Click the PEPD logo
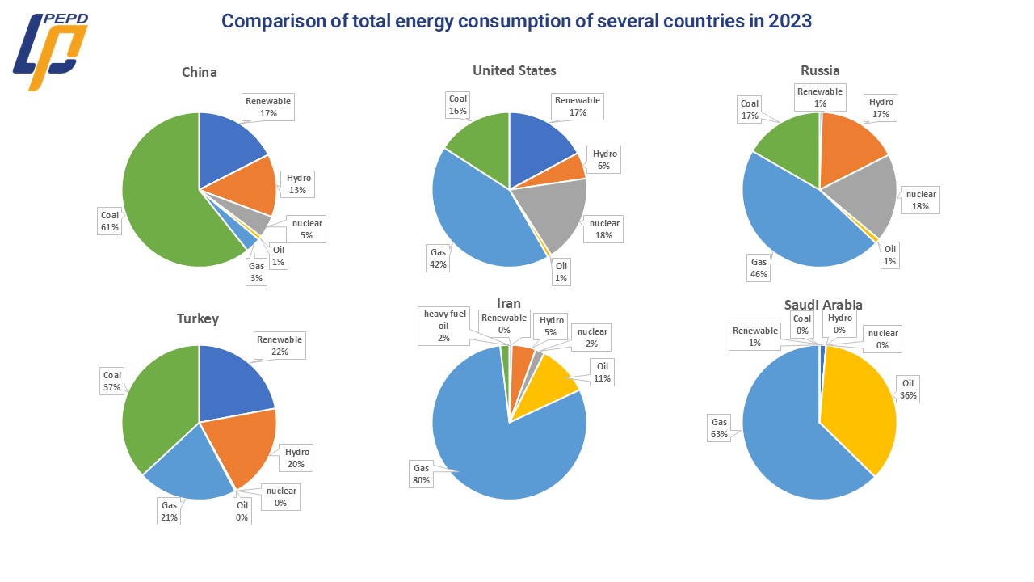point(50,51)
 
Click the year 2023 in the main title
point(788,21)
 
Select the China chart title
point(199,72)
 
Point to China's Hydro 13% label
point(298,183)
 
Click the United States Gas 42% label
point(438,258)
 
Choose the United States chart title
point(514,70)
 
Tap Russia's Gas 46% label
point(759,268)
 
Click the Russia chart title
point(820,70)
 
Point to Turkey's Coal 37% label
point(111,381)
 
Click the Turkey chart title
point(198,318)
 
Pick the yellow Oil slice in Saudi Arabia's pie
point(860,404)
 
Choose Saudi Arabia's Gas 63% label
point(719,428)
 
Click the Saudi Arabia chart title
point(822,305)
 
